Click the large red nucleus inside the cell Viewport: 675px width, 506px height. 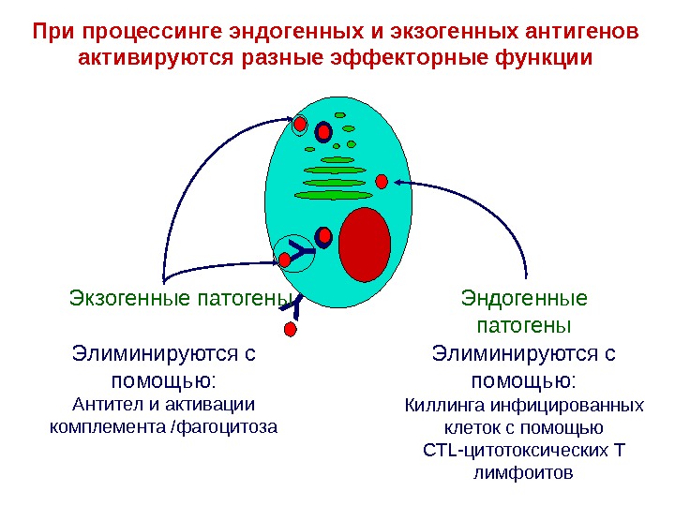[365, 245]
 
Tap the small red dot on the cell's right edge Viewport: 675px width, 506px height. [382, 181]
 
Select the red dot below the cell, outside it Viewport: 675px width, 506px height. [290, 330]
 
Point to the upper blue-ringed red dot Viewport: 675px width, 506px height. [323, 132]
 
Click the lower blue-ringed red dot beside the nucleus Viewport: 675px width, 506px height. [324, 235]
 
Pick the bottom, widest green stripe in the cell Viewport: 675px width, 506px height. [333, 195]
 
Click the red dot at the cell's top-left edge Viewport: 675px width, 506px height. [300, 125]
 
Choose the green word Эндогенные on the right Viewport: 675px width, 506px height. [524, 300]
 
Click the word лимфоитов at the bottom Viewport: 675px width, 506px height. [524, 474]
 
